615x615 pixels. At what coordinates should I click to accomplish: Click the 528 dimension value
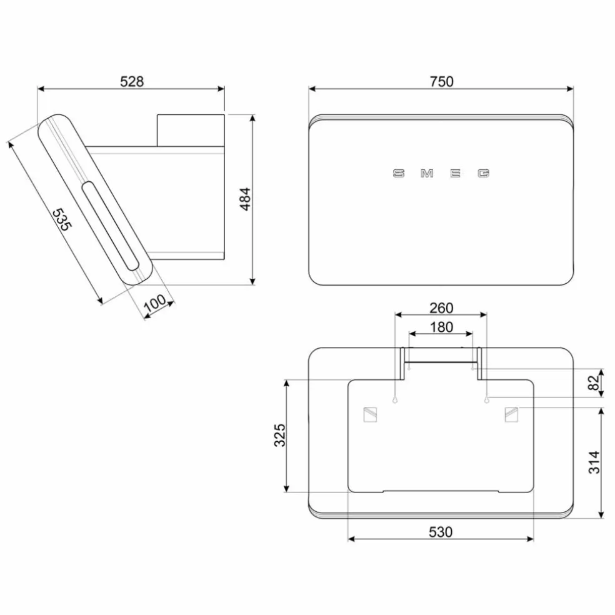[132, 81]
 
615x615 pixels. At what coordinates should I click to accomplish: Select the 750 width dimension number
[441, 81]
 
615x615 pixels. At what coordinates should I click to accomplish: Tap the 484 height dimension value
[245, 199]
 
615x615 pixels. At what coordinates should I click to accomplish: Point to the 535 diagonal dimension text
[62, 219]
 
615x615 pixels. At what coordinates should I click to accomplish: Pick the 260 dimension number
[441, 308]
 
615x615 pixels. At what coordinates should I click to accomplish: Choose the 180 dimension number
[441, 327]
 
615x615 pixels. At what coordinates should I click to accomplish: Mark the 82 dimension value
[594, 382]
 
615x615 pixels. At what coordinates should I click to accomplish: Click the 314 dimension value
[594, 462]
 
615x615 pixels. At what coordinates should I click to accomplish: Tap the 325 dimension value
[279, 435]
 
